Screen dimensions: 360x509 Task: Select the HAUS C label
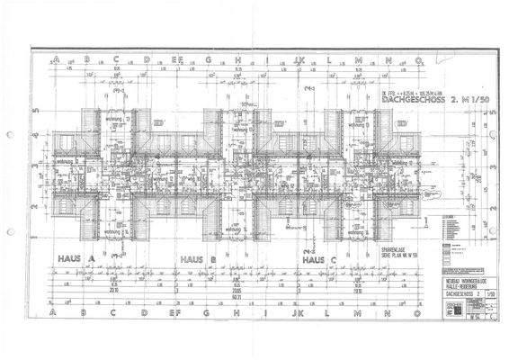[319, 258]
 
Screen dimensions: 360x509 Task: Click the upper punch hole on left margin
[9, 135]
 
